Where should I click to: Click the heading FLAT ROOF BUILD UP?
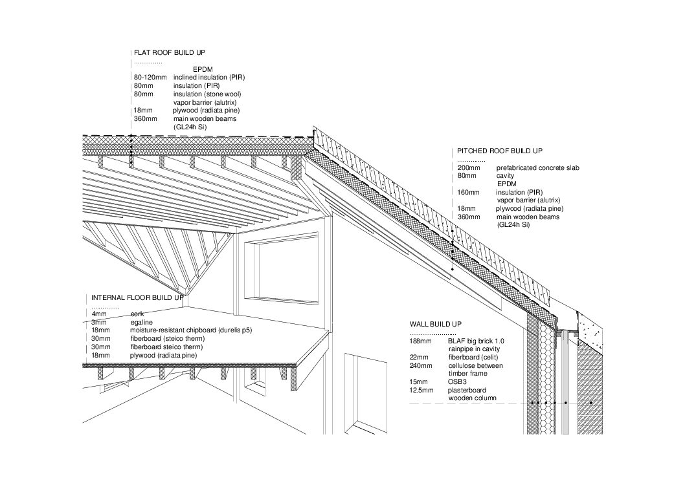170,53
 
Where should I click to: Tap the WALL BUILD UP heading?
436,324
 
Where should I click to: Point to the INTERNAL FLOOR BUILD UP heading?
138,298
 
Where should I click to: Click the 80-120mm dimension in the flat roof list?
150,77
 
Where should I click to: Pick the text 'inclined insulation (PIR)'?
209,77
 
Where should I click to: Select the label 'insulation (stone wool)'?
207,94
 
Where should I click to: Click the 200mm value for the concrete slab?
469,167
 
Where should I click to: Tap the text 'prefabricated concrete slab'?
538,167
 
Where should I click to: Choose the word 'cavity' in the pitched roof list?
505,176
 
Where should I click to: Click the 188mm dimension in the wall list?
420,341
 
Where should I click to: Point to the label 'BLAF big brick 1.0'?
476,341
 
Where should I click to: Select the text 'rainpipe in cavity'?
474,349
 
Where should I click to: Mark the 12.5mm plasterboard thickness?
421,390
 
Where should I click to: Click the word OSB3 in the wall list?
457,381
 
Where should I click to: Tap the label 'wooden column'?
472,398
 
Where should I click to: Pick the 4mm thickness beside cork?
98,314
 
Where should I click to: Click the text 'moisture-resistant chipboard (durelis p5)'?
191,330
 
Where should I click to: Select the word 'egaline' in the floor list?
142,323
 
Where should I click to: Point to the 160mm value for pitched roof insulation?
468,193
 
